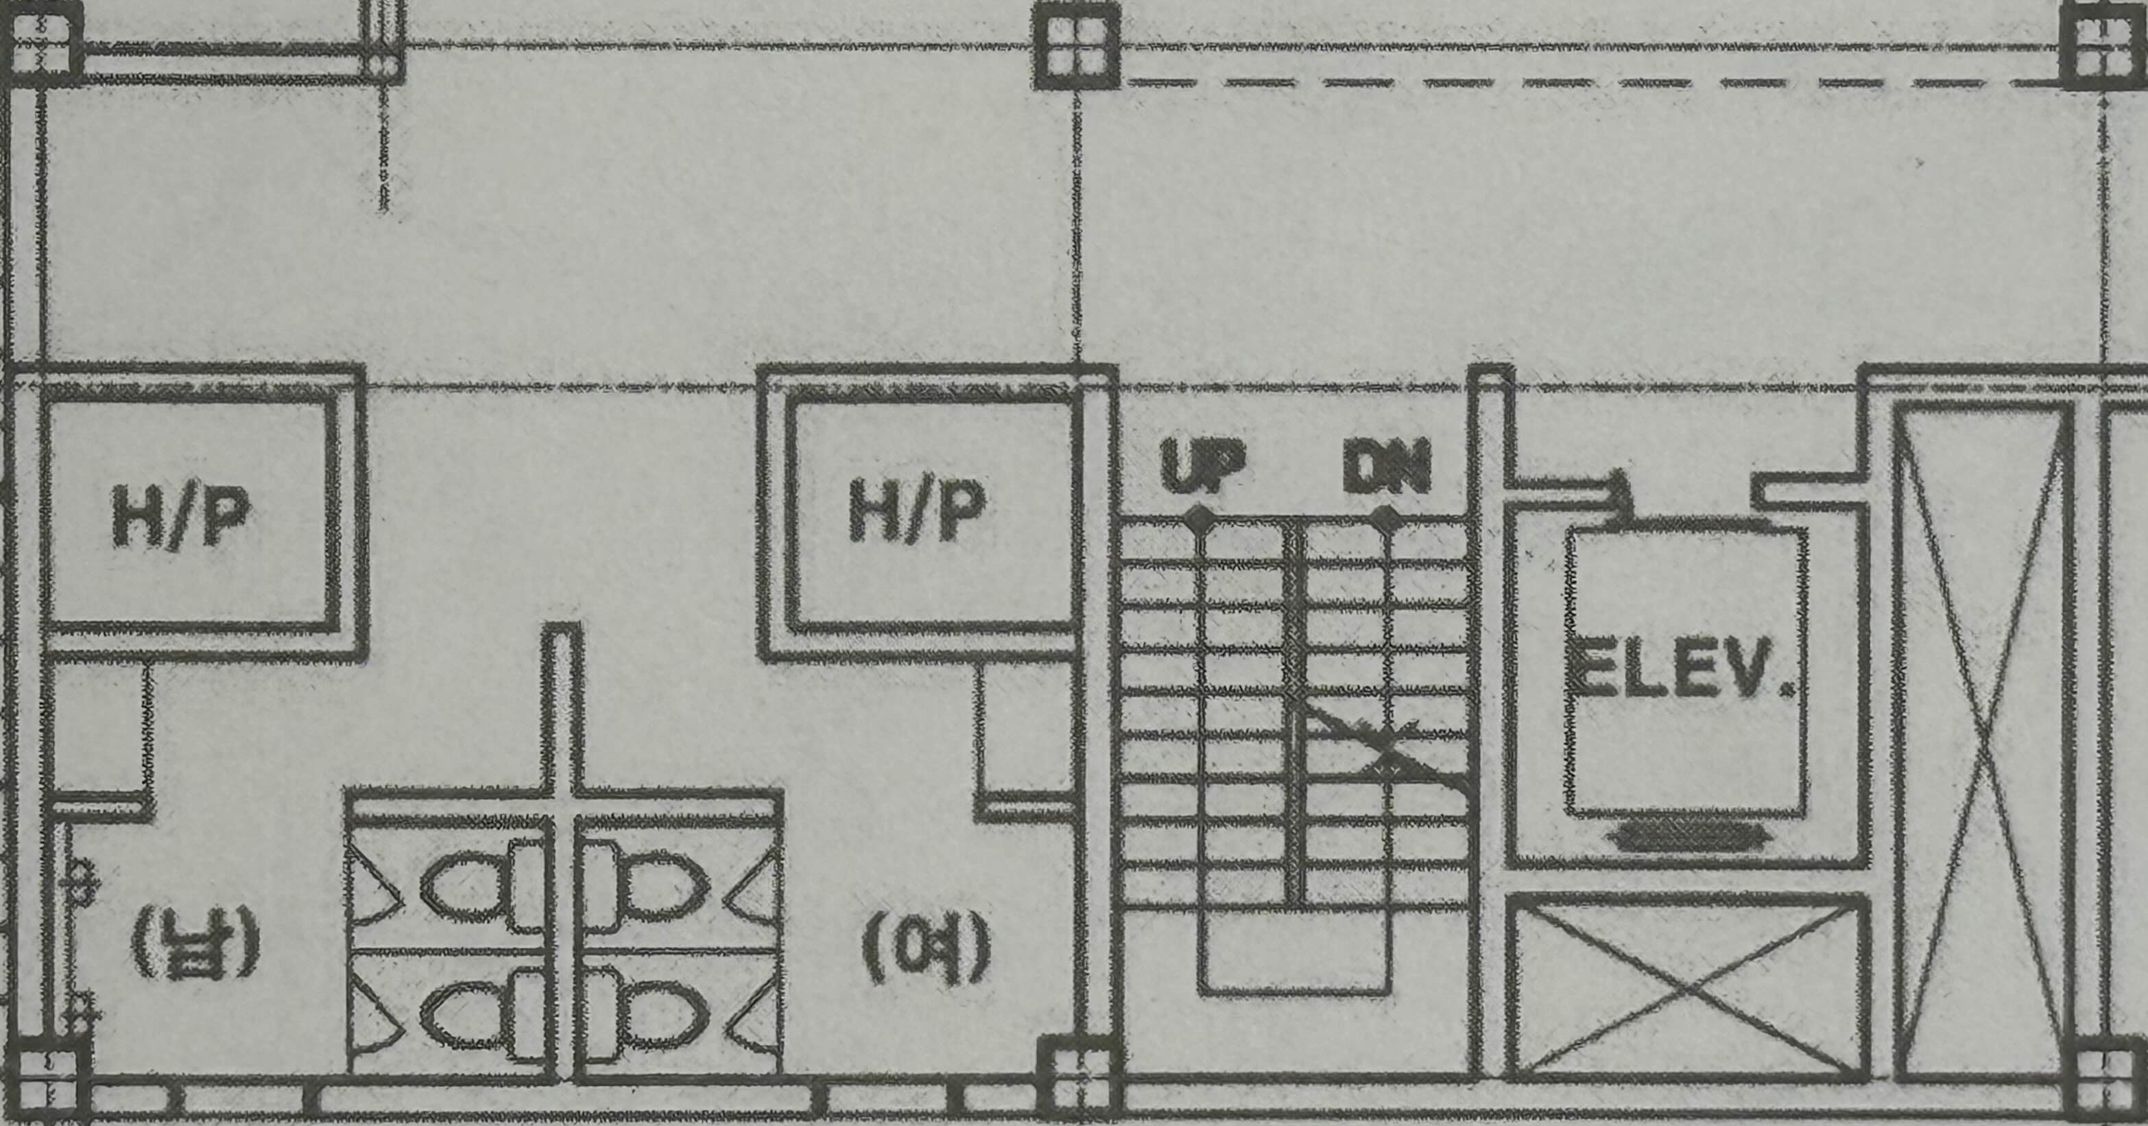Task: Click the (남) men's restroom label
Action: click(195, 943)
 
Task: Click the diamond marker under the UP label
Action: click(1199, 519)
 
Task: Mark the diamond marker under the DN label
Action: click(1386, 519)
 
